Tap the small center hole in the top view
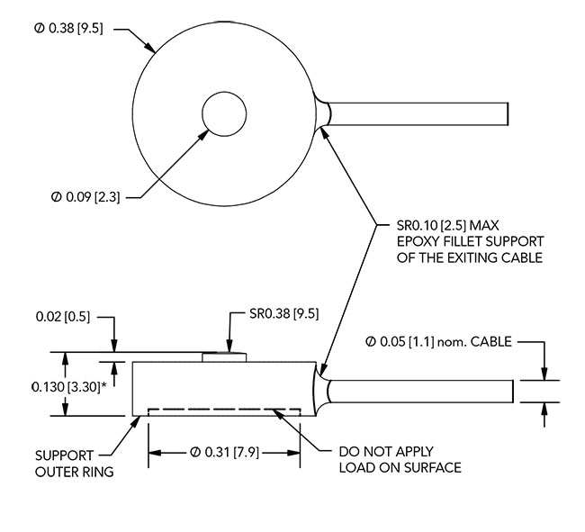click(x=224, y=115)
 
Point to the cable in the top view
click(x=419, y=114)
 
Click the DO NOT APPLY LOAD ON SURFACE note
click(x=399, y=459)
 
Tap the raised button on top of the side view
click(x=223, y=356)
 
